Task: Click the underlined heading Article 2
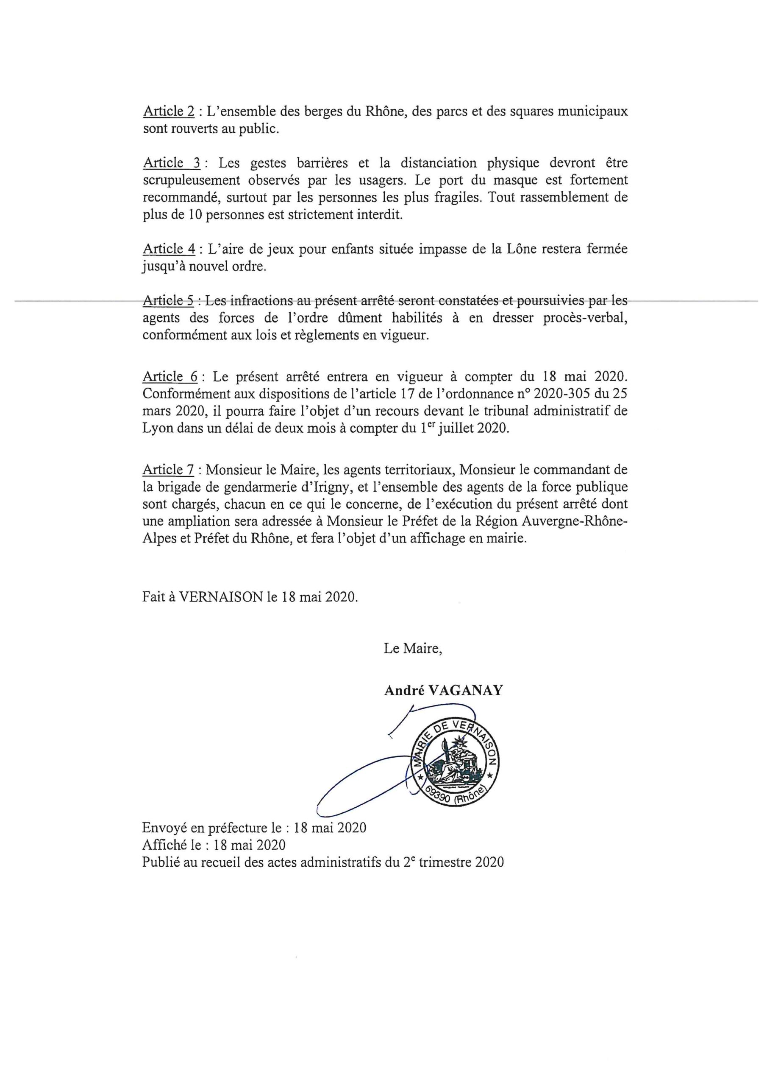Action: (x=168, y=112)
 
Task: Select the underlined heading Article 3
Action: (x=171, y=163)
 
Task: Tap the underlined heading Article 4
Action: (x=169, y=249)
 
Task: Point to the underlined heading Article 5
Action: (x=168, y=301)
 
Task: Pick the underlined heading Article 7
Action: (x=168, y=470)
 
